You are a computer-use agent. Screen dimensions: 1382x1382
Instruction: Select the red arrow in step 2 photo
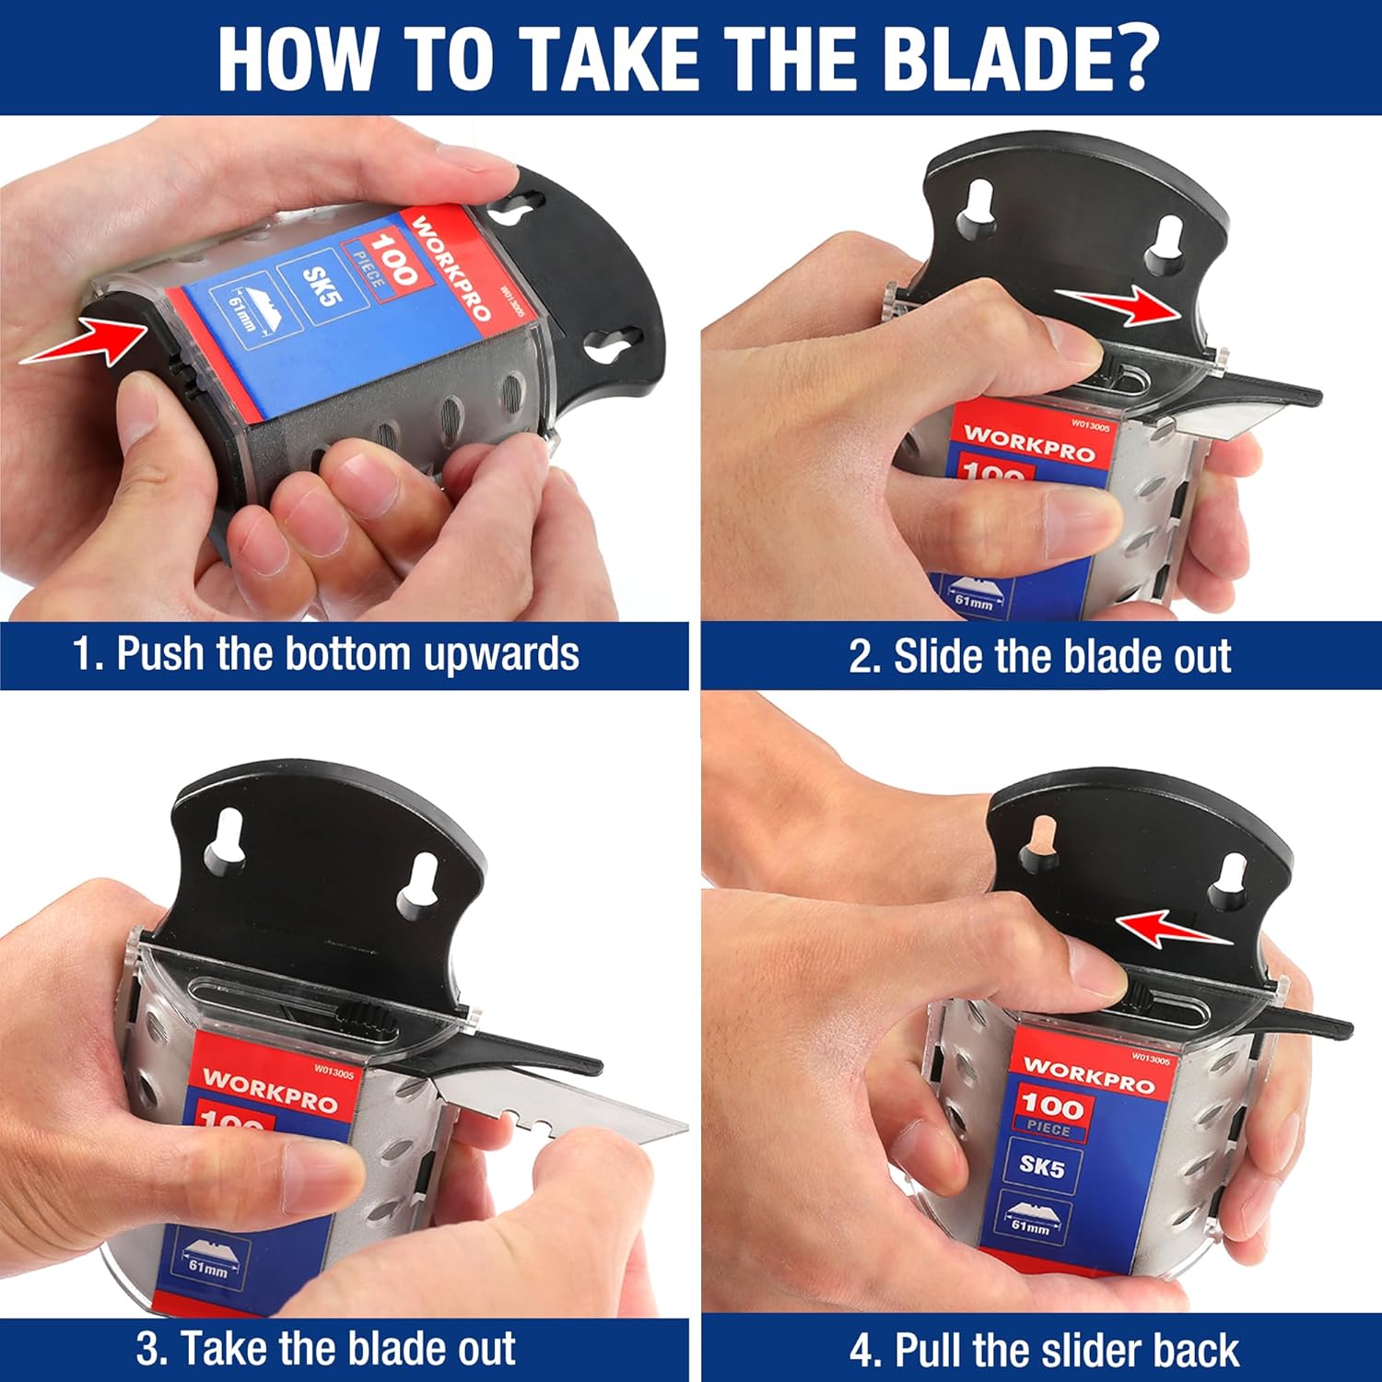point(1118,305)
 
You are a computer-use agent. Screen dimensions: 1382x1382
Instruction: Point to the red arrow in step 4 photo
point(1174,929)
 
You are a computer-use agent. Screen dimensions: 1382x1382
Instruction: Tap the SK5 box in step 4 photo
point(1041,1166)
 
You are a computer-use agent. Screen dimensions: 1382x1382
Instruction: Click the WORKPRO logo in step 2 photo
point(1029,443)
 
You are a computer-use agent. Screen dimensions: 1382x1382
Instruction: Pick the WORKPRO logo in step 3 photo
point(270,1090)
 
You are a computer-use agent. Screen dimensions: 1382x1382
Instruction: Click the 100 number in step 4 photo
point(1051,1104)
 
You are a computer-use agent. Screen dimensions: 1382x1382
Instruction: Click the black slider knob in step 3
point(368,1016)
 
